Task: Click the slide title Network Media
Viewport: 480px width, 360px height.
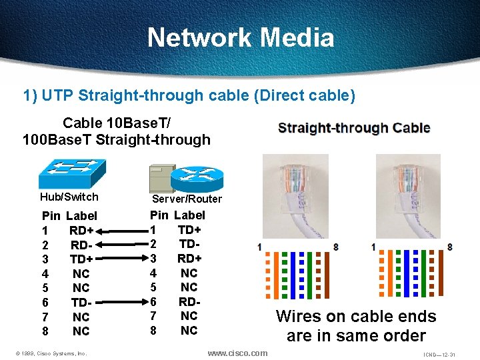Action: pyautogui.click(x=240, y=37)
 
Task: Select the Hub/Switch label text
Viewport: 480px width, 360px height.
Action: pyautogui.click(x=69, y=197)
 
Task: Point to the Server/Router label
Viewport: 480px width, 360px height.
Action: pyautogui.click(x=187, y=199)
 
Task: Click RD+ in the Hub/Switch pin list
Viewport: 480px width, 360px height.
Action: pyautogui.click(x=81, y=231)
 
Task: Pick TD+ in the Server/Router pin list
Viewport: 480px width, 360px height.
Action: pyautogui.click(x=189, y=229)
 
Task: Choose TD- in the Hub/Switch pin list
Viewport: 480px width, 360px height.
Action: pyautogui.click(x=81, y=302)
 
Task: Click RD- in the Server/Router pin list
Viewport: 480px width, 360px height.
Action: pyautogui.click(x=189, y=301)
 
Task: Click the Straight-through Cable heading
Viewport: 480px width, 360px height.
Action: pyautogui.click(x=354, y=128)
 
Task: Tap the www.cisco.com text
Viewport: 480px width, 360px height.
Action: pyautogui.click(x=237, y=353)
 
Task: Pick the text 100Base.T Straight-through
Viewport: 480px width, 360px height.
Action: pyautogui.click(x=116, y=139)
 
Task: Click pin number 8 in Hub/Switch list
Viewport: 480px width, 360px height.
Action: pyautogui.click(x=45, y=331)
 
